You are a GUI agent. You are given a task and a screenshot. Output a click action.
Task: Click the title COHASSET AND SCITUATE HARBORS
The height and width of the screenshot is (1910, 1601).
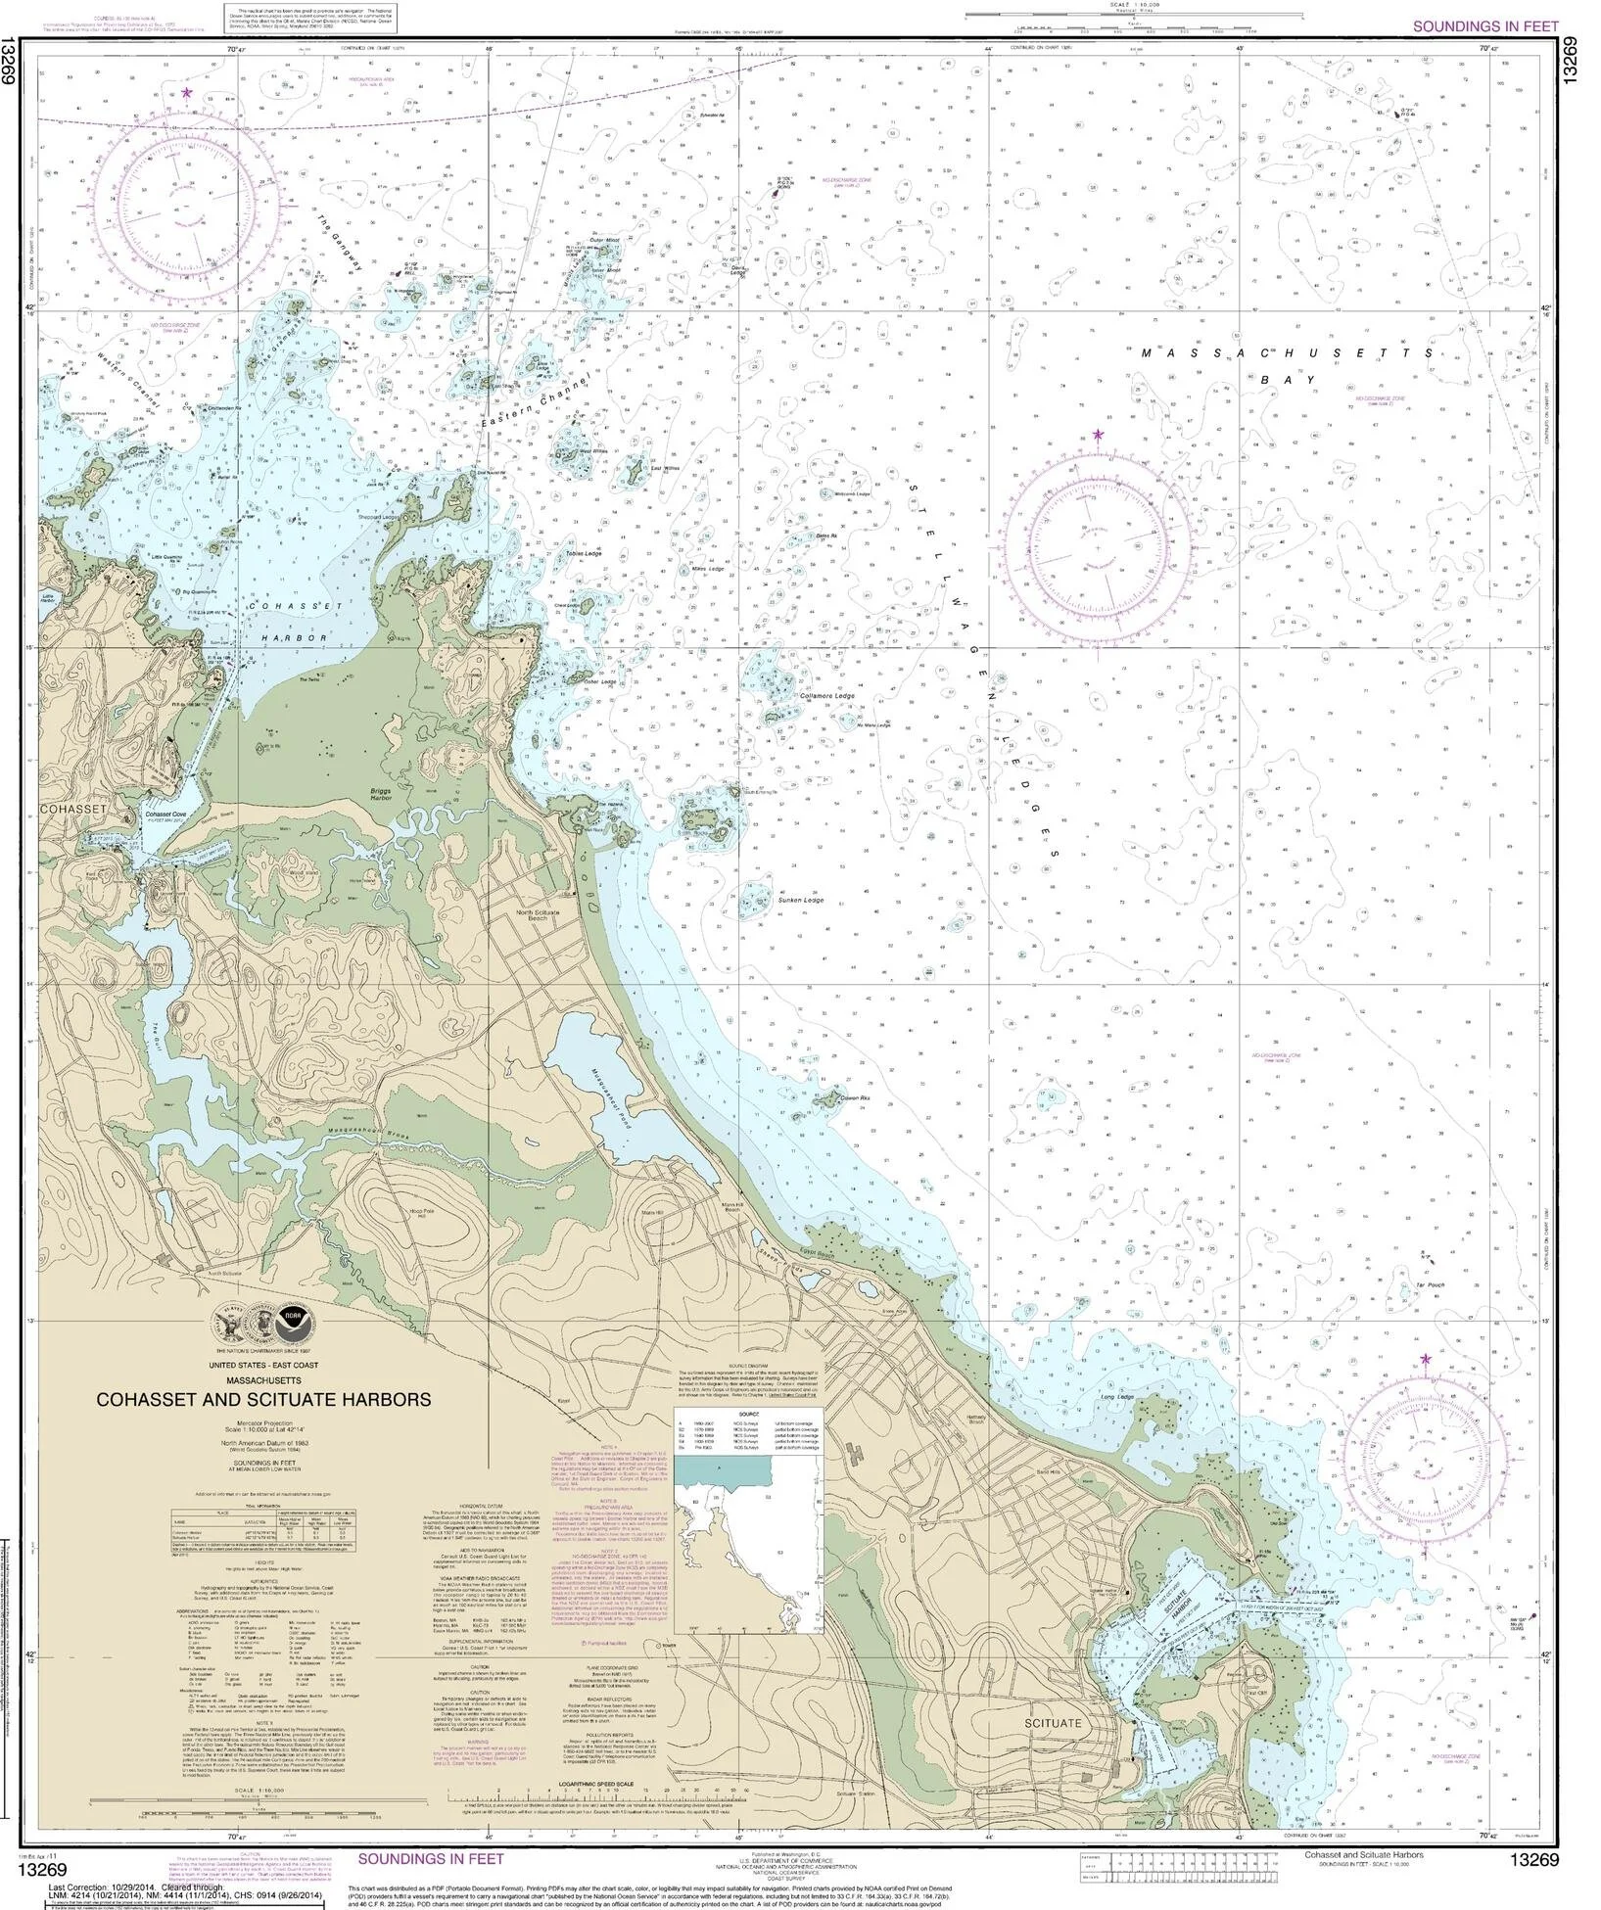pos(261,1400)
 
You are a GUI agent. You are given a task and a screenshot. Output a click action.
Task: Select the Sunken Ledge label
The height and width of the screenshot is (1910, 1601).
pos(801,900)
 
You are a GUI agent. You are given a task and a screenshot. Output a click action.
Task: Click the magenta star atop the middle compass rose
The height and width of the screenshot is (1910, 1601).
pos(1098,435)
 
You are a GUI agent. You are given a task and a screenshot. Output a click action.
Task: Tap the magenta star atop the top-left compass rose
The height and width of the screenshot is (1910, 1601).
pos(186,92)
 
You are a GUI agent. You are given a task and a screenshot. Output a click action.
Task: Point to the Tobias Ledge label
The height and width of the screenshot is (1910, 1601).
pos(584,553)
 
